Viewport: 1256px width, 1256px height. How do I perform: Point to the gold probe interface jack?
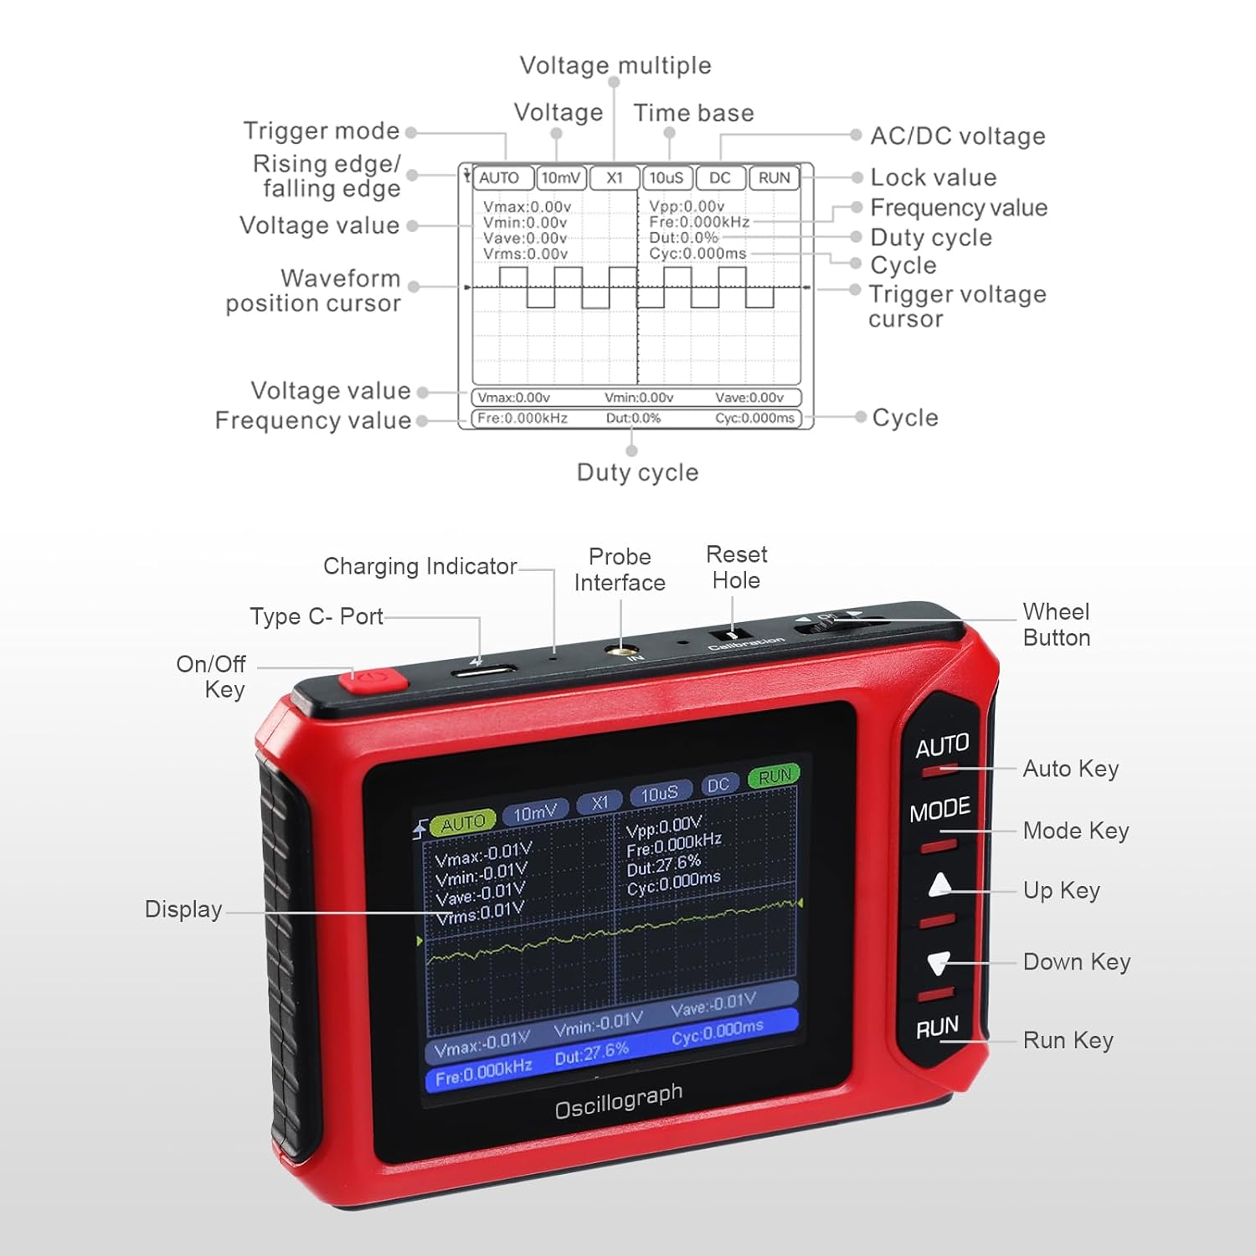click(620, 650)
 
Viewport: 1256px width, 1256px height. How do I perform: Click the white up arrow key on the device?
click(940, 884)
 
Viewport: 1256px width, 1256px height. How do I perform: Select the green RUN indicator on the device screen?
click(774, 776)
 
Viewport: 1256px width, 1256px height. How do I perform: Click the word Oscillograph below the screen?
click(619, 1100)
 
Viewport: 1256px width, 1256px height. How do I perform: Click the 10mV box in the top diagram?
click(560, 178)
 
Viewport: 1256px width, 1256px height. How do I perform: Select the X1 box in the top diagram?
click(615, 178)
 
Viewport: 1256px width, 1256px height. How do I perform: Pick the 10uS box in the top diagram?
click(667, 178)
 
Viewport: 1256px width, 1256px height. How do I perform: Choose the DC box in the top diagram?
click(719, 178)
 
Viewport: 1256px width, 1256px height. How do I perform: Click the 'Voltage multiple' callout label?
click(615, 65)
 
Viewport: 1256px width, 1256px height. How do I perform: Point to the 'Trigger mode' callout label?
click(322, 131)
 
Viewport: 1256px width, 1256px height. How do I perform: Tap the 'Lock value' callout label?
click(934, 178)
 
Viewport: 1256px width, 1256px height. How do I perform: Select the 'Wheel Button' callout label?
click(1056, 625)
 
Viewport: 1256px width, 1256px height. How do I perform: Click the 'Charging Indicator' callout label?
click(420, 566)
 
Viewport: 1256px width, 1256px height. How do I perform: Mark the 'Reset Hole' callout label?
click(736, 567)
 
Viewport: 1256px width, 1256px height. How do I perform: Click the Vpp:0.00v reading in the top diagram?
click(687, 206)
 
